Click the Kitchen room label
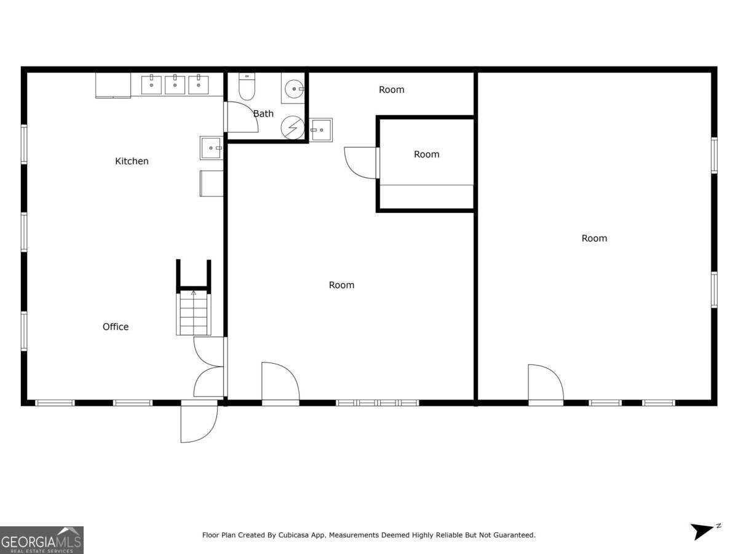[132, 161]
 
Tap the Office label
[116, 327]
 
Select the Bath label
[263, 114]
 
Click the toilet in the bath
[247, 87]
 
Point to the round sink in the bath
[294, 89]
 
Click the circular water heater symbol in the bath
[293, 127]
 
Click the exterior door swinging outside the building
[198, 423]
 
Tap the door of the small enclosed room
[362, 163]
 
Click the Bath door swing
[242, 118]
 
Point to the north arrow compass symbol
[704, 531]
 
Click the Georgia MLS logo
[41, 540]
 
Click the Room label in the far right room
[594, 238]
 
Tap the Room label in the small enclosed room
[426, 155]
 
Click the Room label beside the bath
[391, 90]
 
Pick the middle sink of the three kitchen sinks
[175, 84]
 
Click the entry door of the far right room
[545, 384]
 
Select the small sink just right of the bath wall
[321, 130]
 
